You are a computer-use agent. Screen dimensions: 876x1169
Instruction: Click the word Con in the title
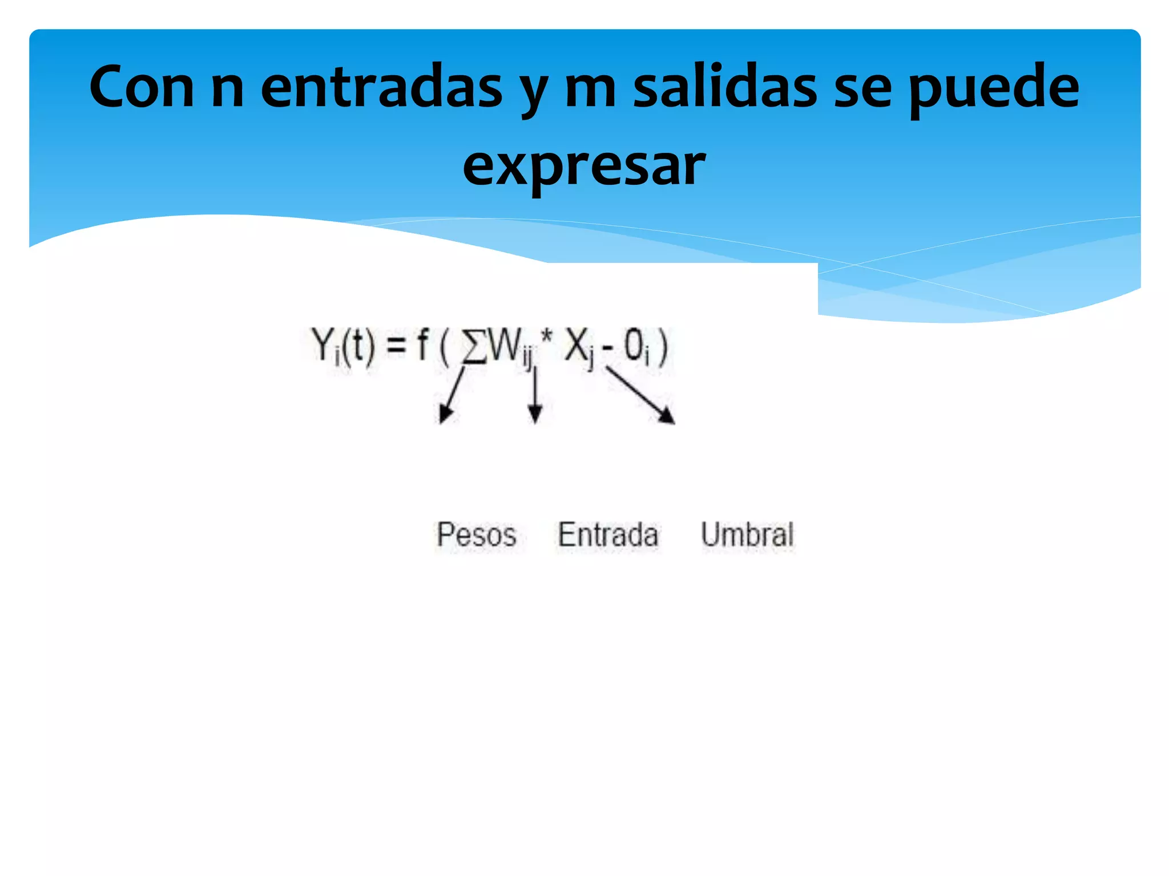click(142, 87)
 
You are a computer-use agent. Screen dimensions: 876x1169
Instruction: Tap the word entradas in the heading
click(381, 87)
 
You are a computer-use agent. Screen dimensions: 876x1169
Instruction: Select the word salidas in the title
click(725, 87)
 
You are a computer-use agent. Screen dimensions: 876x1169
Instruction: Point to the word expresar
click(584, 165)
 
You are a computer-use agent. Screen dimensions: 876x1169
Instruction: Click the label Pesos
click(476, 535)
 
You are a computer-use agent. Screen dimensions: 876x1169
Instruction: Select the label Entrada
click(608, 535)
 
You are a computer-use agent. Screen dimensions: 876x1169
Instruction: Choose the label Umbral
click(747, 535)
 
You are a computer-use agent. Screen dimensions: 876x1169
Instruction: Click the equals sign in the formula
click(396, 346)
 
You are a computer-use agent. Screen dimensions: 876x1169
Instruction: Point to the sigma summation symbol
click(474, 346)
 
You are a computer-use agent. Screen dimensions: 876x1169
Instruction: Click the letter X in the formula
click(575, 344)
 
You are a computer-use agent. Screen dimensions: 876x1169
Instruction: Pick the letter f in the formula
click(422, 344)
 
